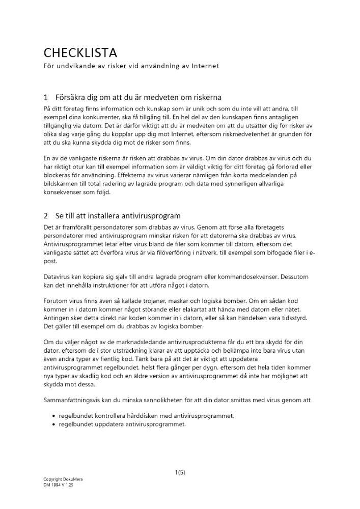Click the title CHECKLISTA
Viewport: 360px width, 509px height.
[x=80, y=52]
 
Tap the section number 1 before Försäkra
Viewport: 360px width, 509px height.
[x=46, y=97]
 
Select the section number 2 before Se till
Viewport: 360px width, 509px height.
[x=46, y=216]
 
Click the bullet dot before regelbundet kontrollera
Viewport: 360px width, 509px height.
[x=54, y=416]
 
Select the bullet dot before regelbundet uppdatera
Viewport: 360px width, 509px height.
[x=54, y=424]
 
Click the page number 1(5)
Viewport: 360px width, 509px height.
[x=180, y=472]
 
